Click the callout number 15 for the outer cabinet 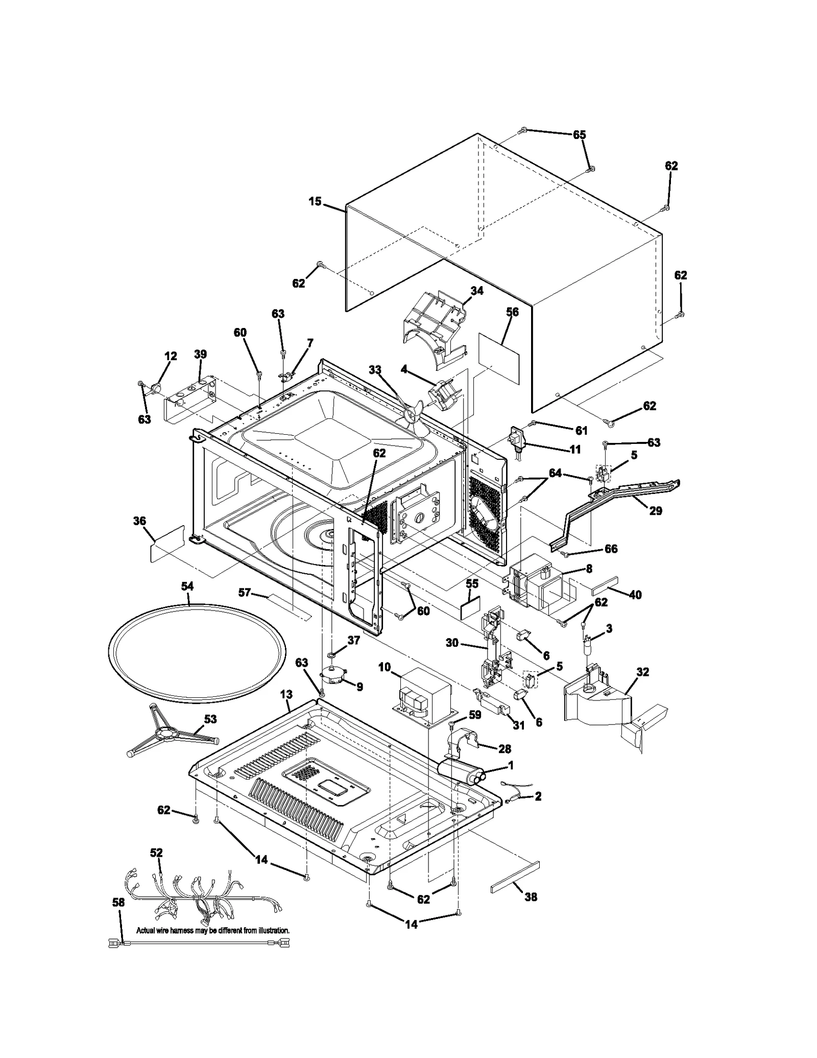[x=315, y=201]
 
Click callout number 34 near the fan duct [x=476, y=291]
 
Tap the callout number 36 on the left [x=139, y=521]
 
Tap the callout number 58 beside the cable [x=118, y=902]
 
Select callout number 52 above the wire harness [x=156, y=853]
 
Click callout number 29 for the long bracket [x=655, y=510]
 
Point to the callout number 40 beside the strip [x=635, y=595]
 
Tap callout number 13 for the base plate [x=286, y=694]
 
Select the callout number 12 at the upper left [x=171, y=356]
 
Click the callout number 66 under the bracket [x=611, y=549]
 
